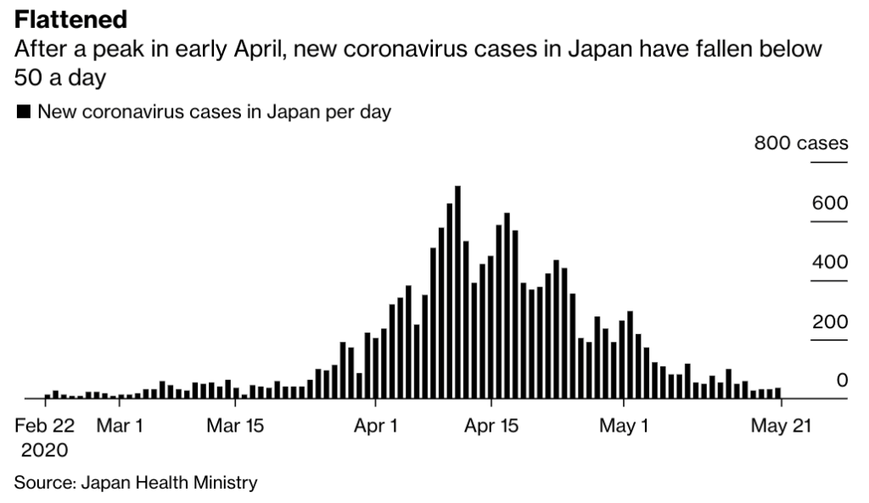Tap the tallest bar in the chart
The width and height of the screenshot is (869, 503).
[457, 292]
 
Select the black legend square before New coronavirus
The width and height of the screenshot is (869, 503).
[24, 112]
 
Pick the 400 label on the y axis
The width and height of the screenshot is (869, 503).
[829, 262]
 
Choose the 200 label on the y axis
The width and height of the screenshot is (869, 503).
[829, 322]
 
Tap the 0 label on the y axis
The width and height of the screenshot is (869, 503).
[842, 380]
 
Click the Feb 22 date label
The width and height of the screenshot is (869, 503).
[45, 426]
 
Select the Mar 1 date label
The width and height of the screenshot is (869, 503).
[120, 426]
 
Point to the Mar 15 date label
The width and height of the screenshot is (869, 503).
[235, 426]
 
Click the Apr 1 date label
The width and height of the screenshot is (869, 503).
[374, 426]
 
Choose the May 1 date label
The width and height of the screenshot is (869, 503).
[624, 426]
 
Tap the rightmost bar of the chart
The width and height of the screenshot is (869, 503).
[778, 393]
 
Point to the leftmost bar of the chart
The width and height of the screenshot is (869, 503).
[48, 395]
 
